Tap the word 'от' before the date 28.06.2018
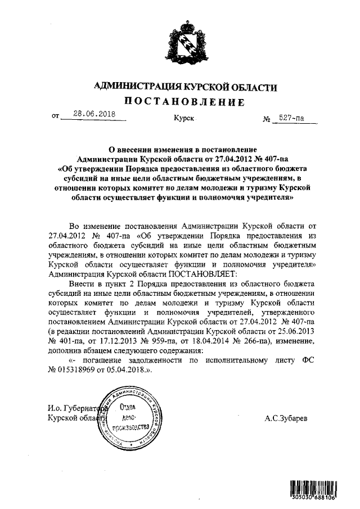tap(55, 118)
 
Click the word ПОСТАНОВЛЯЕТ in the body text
tap(193, 274)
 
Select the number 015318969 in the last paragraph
tap(81, 371)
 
